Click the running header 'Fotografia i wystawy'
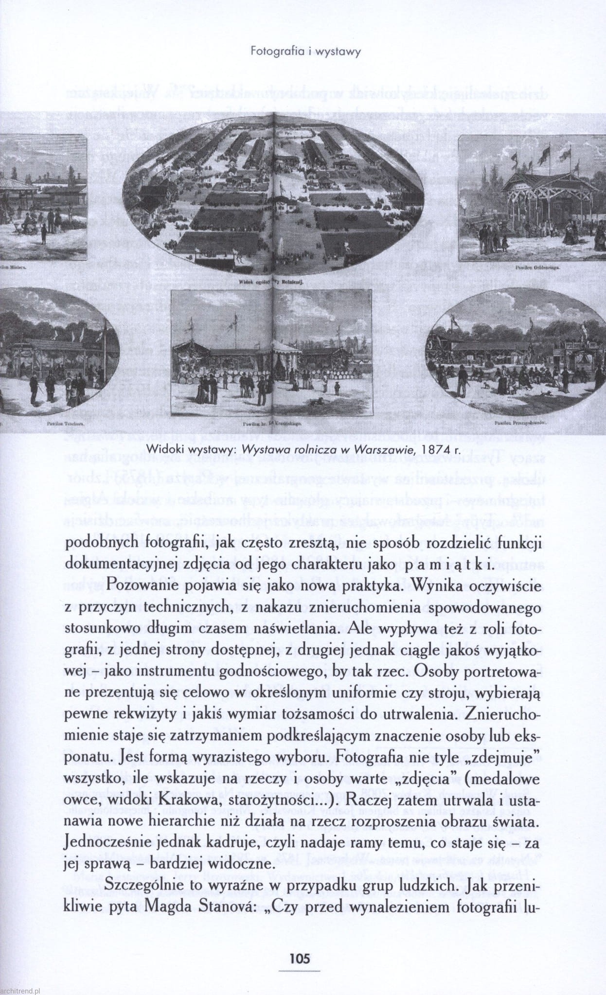(305, 51)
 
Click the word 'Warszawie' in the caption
(384, 449)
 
